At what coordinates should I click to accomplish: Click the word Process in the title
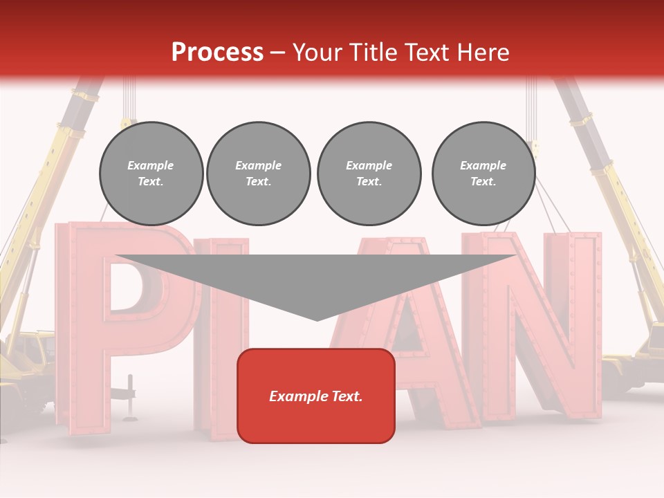217,53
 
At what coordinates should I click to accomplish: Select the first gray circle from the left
151,173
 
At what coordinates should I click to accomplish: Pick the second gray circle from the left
259,173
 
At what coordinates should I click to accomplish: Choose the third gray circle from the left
369,173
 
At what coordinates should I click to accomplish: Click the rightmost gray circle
483,173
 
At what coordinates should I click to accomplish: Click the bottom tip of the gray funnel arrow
317,319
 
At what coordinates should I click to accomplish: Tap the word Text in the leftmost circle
151,182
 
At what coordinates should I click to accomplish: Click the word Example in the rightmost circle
483,165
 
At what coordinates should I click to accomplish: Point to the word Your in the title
315,53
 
